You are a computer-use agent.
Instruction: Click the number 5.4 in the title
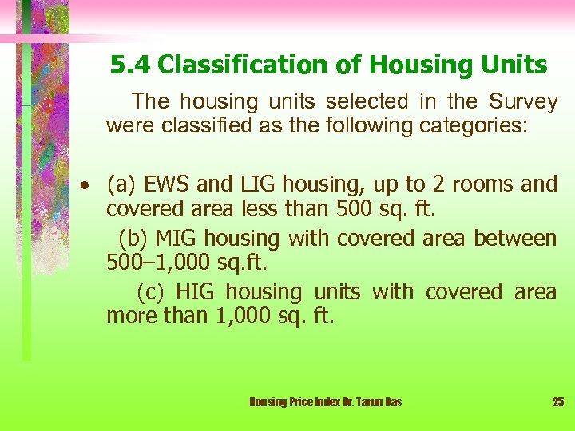pos(128,65)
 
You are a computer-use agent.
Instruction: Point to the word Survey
pos(523,102)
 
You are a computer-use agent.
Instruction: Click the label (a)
pos(121,185)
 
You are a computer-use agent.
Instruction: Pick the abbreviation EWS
pos(167,185)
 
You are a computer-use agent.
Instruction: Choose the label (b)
pos(133,239)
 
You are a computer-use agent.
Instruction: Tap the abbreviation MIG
pos(176,239)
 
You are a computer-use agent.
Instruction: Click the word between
pos(515,239)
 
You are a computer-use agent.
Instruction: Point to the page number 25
pos(558,402)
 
